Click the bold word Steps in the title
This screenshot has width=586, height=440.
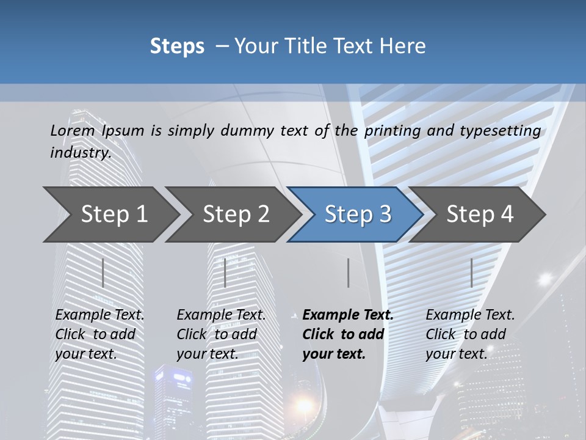177,46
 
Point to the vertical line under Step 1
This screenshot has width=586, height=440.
103,273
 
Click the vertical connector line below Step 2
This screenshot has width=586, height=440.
225,273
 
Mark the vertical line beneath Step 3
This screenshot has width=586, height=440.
348,273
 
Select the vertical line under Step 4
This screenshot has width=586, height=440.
471,273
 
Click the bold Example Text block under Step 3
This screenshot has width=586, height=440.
347,334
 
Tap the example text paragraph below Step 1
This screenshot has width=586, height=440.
99,334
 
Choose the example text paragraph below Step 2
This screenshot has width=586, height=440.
221,334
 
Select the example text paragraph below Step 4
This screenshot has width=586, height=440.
470,334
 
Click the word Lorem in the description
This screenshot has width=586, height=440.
73,131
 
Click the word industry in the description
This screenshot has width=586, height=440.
80,153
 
